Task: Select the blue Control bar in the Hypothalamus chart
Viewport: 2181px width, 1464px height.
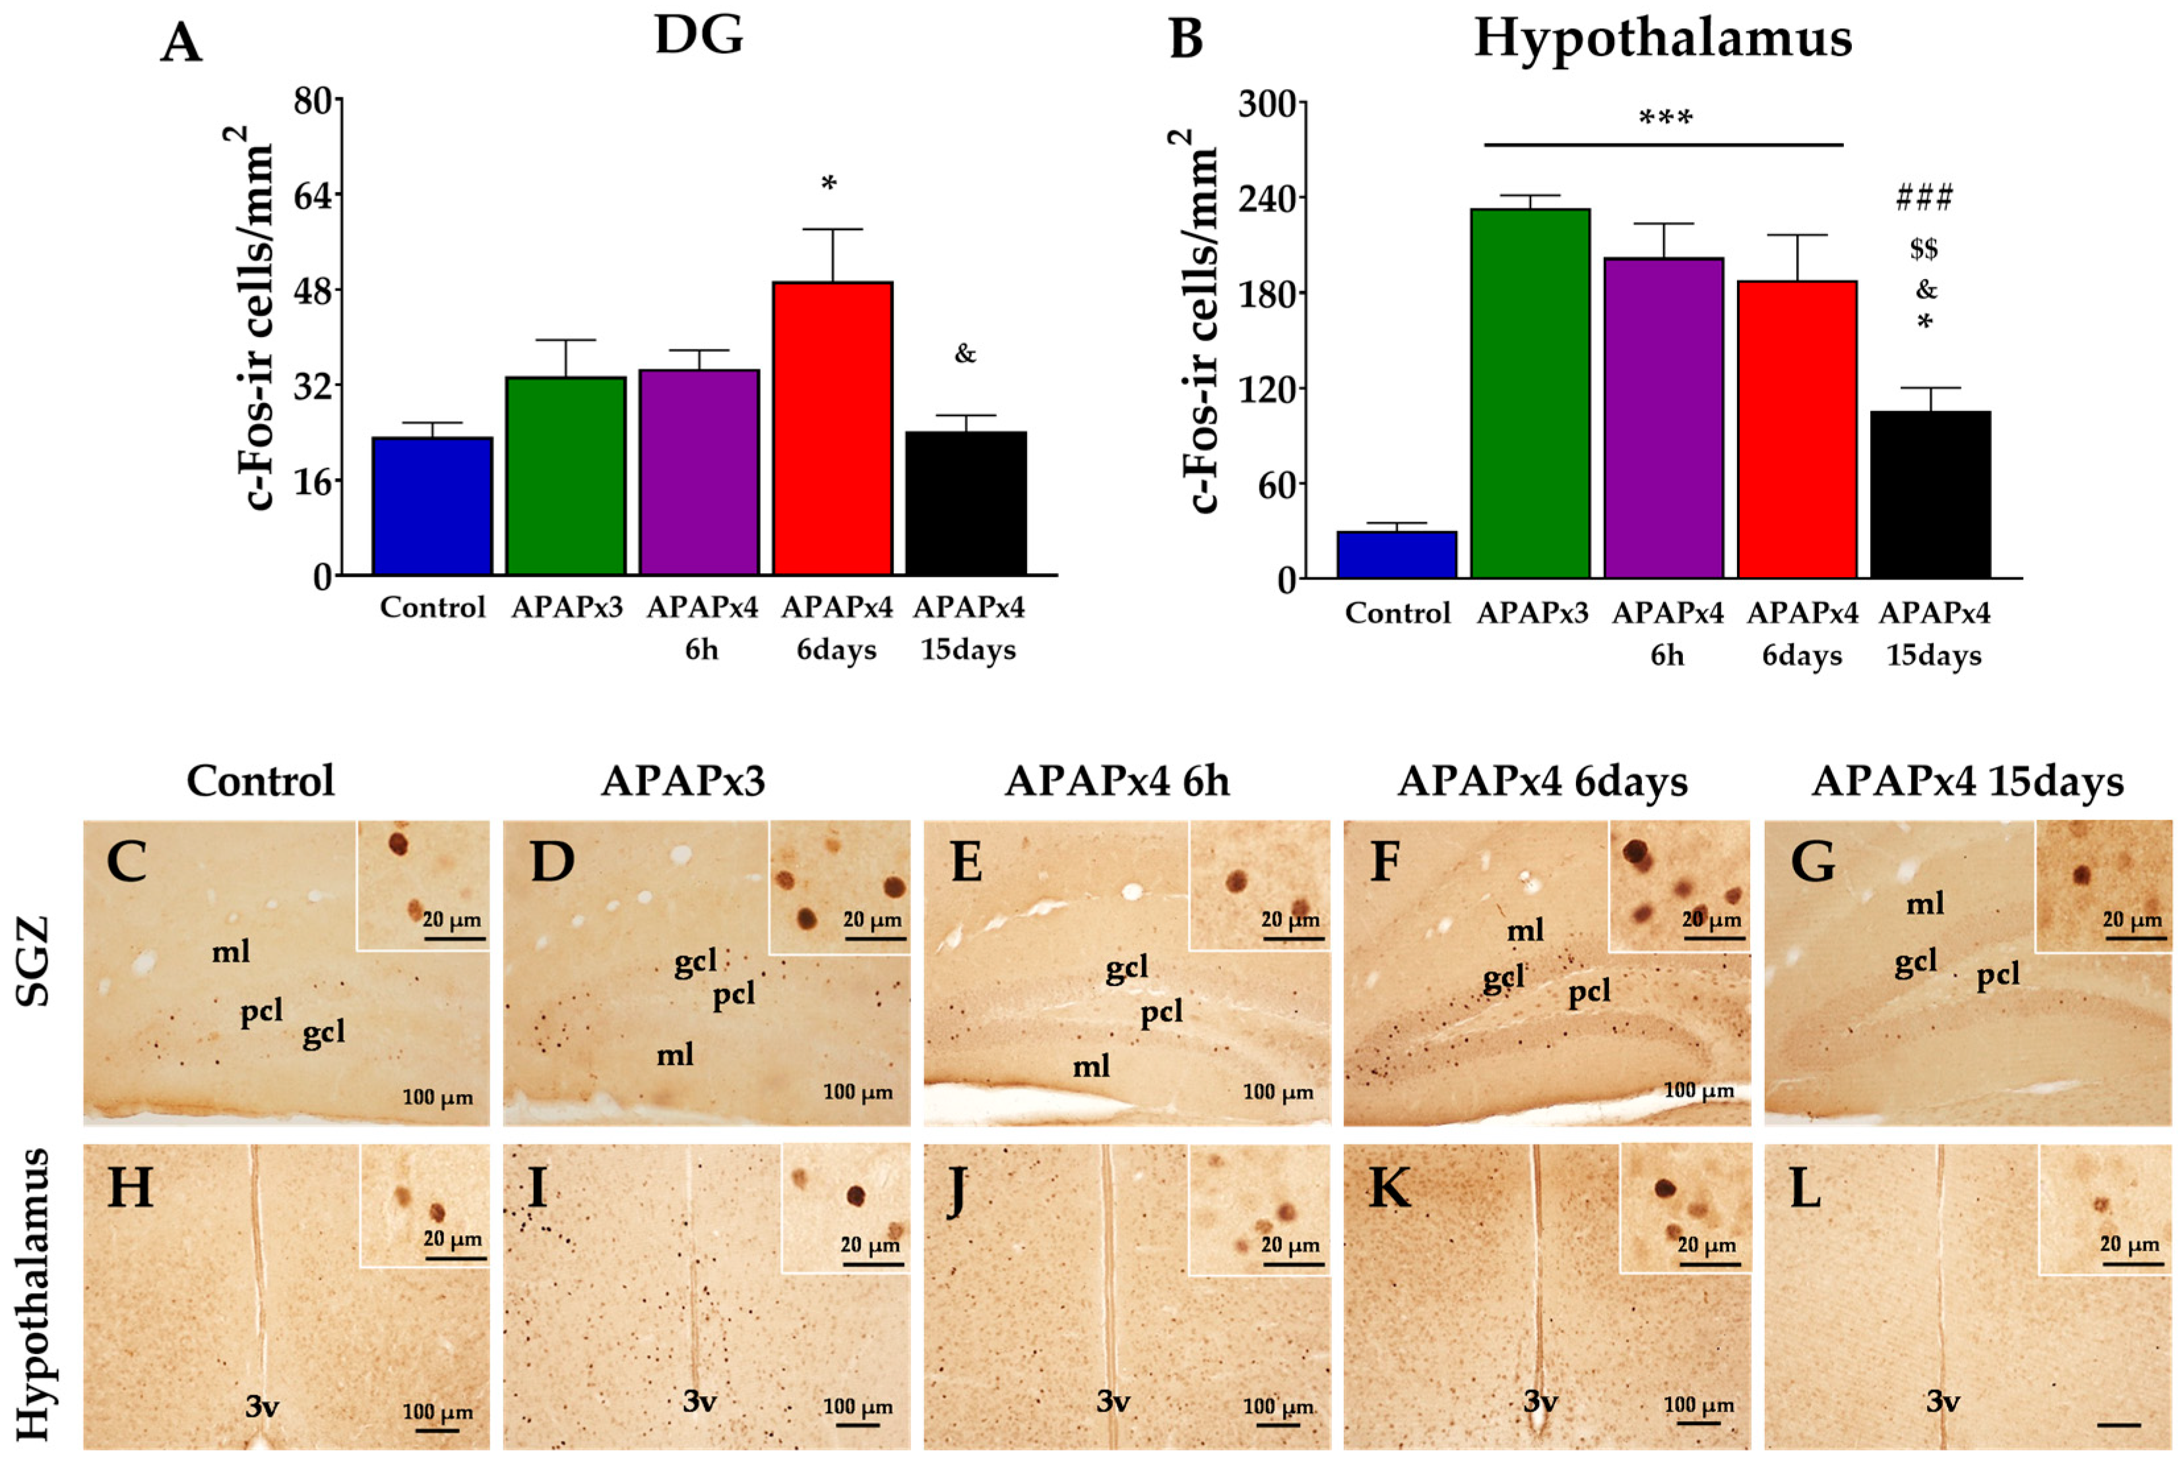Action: (1397, 555)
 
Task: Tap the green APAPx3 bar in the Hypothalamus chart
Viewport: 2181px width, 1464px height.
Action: (1530, 392)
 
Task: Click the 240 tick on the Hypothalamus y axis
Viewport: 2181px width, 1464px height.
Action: (1271, 198)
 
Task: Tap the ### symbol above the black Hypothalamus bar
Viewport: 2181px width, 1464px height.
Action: (1924, 197)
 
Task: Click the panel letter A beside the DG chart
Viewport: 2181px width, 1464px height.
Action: (181, 43)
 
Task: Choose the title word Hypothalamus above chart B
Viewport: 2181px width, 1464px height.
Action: (1662, 39)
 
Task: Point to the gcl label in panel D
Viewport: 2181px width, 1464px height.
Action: (695, 961)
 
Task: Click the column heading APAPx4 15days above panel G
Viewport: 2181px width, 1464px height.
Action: (1967, 781)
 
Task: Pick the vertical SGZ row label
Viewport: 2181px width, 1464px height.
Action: (34, 961)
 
